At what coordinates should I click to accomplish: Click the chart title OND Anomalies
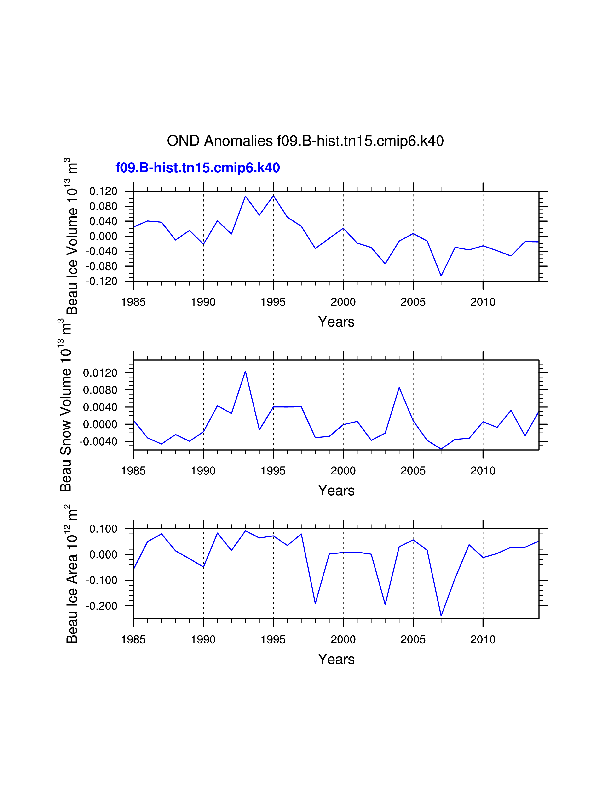pyautogui.click(x=305, y=141)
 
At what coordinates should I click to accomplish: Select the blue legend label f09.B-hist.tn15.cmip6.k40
pyautogui.click(x=198, y=168)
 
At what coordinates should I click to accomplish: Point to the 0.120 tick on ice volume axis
pyautogui.click(x=104, y=191)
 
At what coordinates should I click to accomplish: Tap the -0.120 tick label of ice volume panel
pyautogui.click(x=102, y=281)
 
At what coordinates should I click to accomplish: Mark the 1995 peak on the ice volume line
pyautogui.click(x=273, y=195)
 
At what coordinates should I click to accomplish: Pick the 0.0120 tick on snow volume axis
pyautogui.click(x=100, y=373)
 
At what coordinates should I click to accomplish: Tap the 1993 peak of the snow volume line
pyautogui.click(x=245, y=371)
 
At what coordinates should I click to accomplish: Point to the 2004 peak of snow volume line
pyautogui.click(x=399, y=387)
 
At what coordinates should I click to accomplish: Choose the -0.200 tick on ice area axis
pyautogui.click(x=102, y=606)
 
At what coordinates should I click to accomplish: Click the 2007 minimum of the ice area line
pyautogui.click(x=441, y=616)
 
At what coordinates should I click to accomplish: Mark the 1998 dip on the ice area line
pyautogui.click(x=315, y=603)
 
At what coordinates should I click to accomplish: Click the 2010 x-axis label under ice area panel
pyautogui.click(x=483, y=639)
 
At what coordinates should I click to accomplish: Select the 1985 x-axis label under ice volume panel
pyautogui.click(x=133, y=302)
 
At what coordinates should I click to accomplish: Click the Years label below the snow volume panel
pyautogui.click(x=336, y=491)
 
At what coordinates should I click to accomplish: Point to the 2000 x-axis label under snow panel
pyautogui.click(x=343, y=471)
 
